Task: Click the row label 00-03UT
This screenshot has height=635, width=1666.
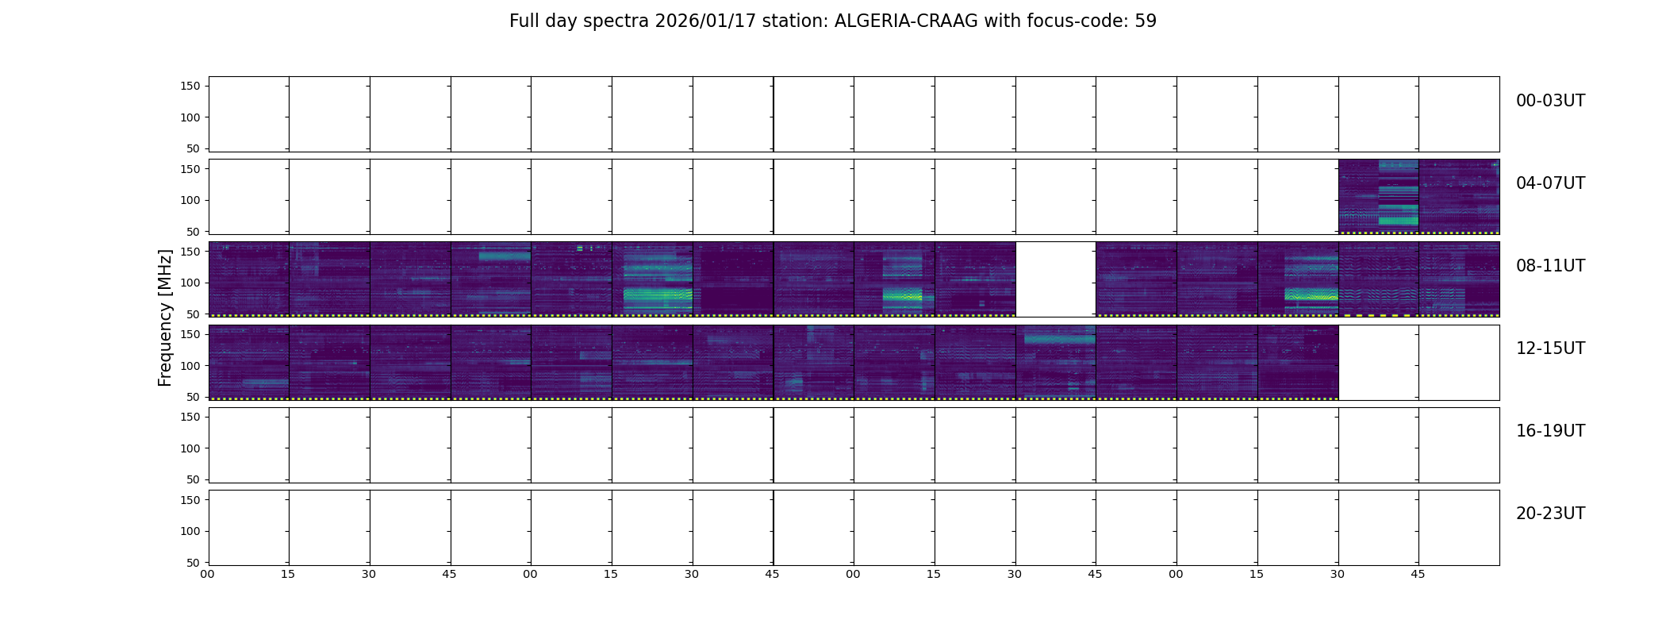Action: tap(1550, 101)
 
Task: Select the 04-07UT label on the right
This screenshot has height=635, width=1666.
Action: tap(1550, 183)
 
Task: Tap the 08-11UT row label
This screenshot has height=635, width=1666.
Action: tap(1550, 266)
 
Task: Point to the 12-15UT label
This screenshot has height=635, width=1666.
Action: tap(1550, 348)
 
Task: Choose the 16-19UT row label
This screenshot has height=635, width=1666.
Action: tap(1550, 431)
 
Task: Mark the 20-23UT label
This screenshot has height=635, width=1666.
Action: tap(1550, 514)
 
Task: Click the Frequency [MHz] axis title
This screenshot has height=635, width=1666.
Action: tap(165, 317)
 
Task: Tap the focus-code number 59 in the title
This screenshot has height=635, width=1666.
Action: tap(1146, 21)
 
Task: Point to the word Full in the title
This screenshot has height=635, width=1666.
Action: tap(524, 21)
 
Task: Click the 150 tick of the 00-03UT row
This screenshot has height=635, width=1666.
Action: tap(190, 87)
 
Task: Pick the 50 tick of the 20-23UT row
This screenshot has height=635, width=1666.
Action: tap(193, 563)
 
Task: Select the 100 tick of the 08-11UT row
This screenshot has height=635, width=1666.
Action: tap(190, 283)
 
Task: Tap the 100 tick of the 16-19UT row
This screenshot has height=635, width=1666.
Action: tap(190, 448)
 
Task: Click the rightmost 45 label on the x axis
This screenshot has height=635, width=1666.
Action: tap(1418, 574)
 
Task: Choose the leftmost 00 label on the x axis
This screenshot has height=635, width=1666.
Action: tap(207, 574)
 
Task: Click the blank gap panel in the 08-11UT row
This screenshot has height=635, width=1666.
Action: tap(1055, 279)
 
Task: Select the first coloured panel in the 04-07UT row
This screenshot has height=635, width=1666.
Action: tap(1379, 196)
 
